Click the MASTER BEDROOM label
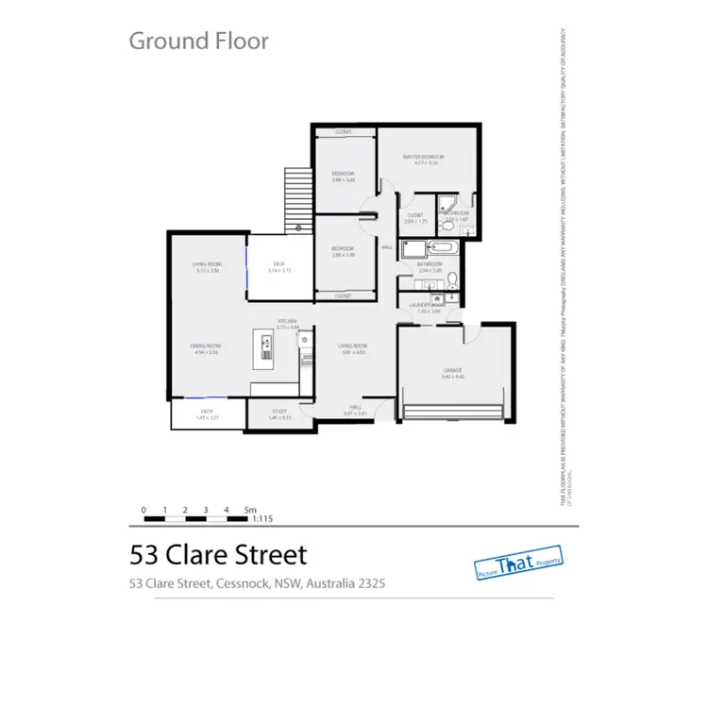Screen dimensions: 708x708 (x=423, y=157)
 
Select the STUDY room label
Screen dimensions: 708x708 (x=279, y=412)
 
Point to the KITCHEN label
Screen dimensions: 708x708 (x=288, y=322)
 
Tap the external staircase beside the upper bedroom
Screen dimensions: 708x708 (x=297, y=199)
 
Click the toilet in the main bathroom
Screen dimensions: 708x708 (x=453, y=278)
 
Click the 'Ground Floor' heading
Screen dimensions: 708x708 (x=198, y=41)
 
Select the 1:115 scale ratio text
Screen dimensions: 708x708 (x=263, y=518)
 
